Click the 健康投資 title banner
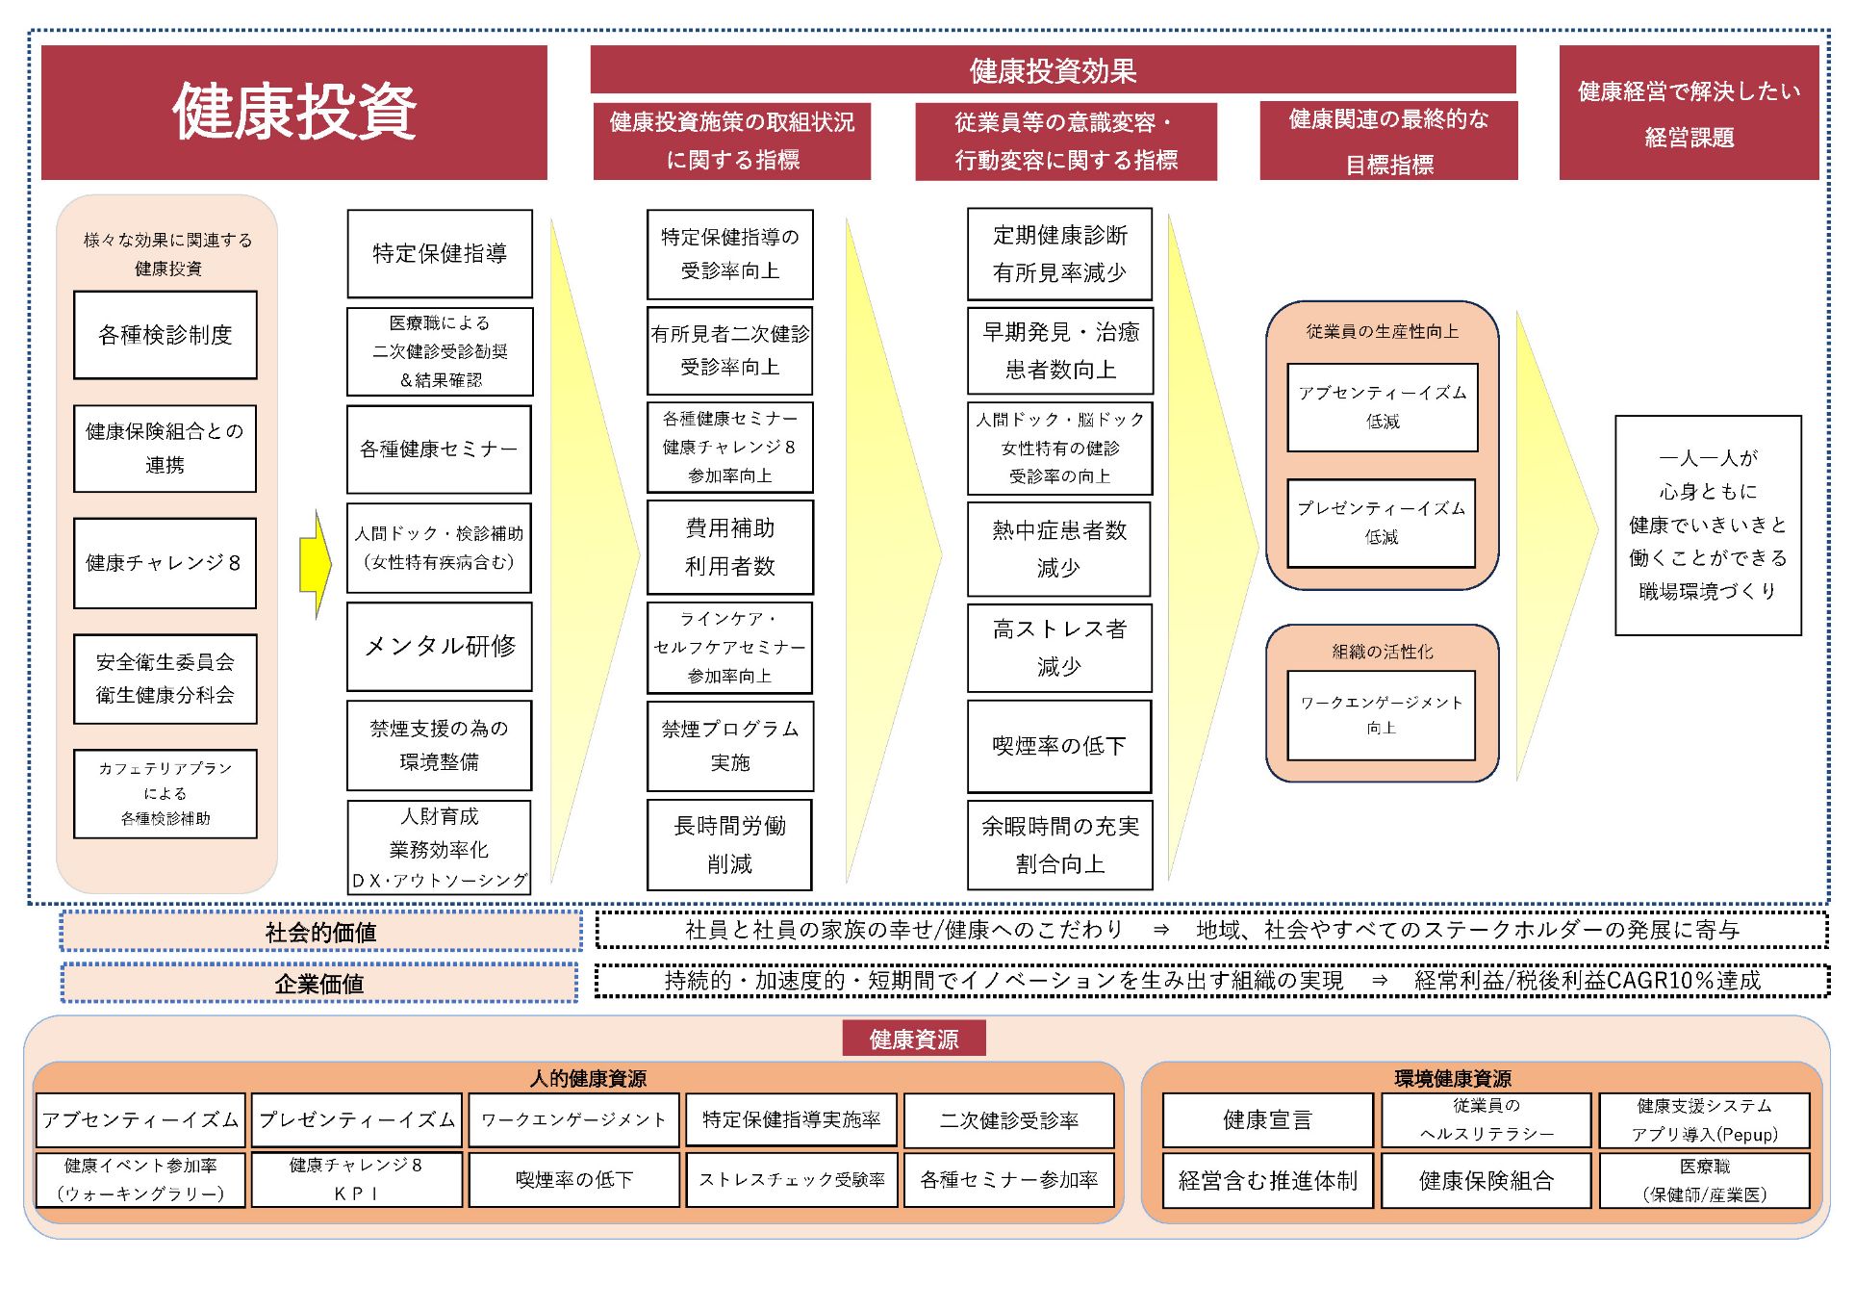(293, 112)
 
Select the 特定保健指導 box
(439, 253)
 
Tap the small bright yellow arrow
(315, 564)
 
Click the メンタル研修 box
(439, 646)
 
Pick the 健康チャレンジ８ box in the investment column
(165, 563)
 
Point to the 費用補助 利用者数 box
(729, 547)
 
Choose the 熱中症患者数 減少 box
(1058, 549)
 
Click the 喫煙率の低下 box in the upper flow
(1058, 746)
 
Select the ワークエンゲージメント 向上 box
(1381, 715)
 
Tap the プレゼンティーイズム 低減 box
(1381, 523)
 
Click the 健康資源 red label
(913, 1039)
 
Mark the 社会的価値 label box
(320, 932)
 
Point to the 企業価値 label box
(319, 983)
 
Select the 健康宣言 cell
(1267, 1119)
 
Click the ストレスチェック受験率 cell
(791, 1180)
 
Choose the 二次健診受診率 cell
(1008, 1119)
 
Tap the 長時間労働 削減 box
(729, 844)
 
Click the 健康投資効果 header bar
(1053, 70)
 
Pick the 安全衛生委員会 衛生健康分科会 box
(165, 679)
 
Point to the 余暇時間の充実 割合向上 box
(1059, 844)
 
